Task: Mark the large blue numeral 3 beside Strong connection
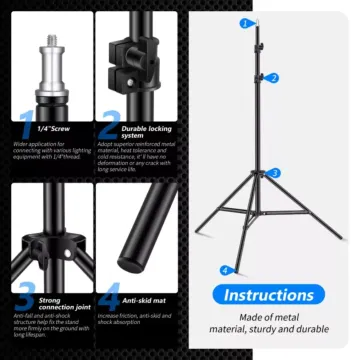[26, 298]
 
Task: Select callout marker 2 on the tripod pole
[274, 78]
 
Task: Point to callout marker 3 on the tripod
[276, 173]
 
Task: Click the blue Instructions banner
[267, 295]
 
